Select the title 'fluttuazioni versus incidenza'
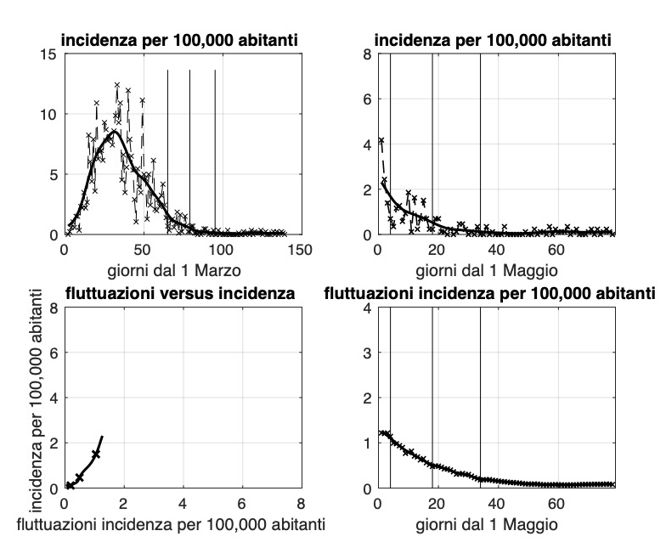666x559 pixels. [x=181, y=294]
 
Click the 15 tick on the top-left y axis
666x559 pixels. [x=49, y=54]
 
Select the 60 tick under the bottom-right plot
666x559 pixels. [x=557, y=504]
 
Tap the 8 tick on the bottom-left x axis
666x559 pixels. [x=301, y=504]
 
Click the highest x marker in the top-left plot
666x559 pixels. [x=117, y=85]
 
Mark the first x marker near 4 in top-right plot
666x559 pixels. [x=381, y=141]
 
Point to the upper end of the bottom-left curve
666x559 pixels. [x=102, y=437]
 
